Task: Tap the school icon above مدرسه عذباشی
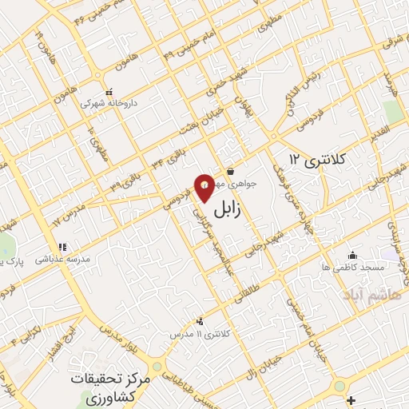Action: [x=62, y=247]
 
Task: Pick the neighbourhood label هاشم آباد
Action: [x=364, y=296]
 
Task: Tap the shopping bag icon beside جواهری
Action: [x=230, y=171]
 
